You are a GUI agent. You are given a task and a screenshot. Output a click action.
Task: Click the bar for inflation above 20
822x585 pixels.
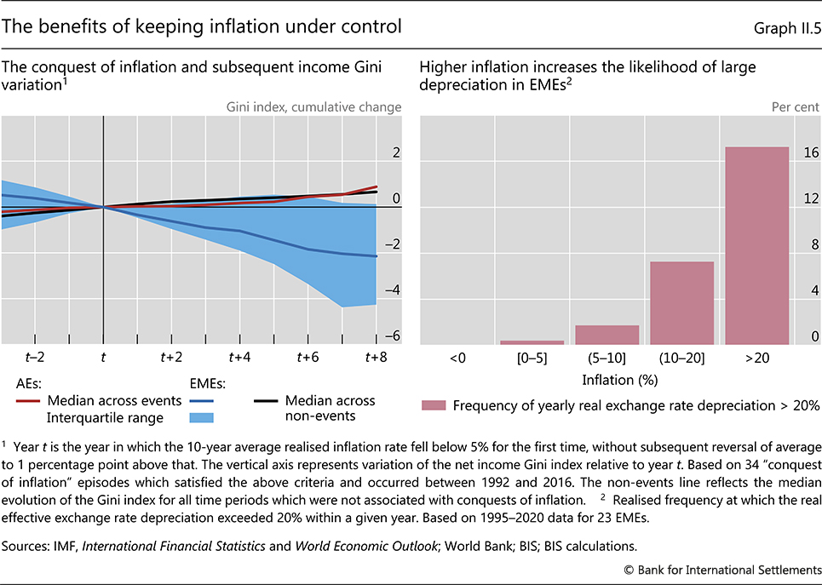756,245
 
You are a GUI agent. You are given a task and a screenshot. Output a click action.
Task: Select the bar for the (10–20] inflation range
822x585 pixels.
681,302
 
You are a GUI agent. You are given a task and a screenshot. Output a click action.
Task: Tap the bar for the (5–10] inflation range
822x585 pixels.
607,335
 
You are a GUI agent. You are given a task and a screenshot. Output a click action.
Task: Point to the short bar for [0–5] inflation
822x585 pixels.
532,342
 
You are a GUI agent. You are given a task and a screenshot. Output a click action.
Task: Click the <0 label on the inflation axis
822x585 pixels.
457,358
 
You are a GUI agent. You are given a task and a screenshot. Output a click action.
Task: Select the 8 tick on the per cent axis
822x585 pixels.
812,245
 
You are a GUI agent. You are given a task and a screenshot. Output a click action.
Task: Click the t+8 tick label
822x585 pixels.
377,358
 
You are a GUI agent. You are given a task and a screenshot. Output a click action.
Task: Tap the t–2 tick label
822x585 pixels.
35,358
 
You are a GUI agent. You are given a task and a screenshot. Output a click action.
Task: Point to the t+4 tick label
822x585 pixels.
239,358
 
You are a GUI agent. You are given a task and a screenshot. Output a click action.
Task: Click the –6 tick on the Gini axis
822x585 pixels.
394,337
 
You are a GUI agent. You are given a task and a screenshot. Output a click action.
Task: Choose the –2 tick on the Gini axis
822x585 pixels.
394,245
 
